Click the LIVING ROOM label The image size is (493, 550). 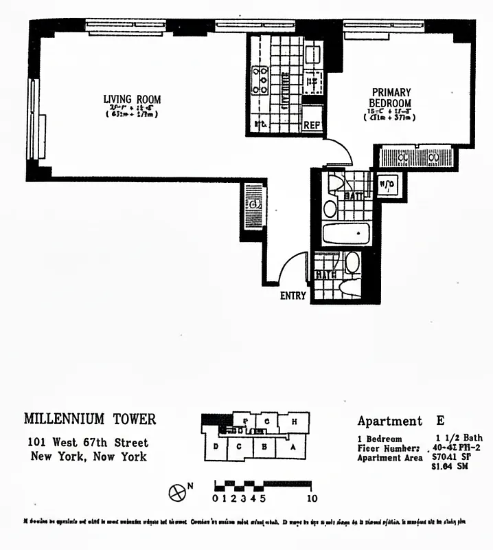click(132, 100)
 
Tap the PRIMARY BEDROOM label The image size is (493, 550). click(391, 98)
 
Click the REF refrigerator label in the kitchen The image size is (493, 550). click(312, 125)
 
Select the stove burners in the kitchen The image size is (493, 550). click(261, 79)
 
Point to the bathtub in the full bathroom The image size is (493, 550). click(346, 233)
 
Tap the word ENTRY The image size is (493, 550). click(293, 296)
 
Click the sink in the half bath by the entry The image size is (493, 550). click(352, 262)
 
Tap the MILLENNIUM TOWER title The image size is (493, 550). click(90, 419)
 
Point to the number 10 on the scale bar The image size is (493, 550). click(312, 498)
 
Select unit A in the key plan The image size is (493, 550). click(293, 447)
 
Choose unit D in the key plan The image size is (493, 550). click(216, 447)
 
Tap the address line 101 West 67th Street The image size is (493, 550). click(88, 442)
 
